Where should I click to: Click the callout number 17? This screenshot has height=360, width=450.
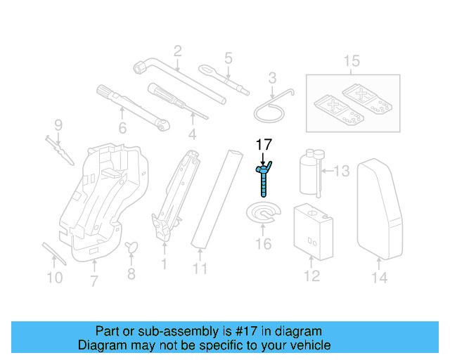pos(263,146)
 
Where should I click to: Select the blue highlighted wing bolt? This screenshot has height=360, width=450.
pos(262,176)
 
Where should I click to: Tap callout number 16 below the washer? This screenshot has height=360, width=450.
pos(263,244)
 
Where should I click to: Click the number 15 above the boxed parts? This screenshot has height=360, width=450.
pos(352,62)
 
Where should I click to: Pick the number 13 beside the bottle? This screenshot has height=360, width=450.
pos(341,171)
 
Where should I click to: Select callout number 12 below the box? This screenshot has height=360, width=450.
pos(311,276)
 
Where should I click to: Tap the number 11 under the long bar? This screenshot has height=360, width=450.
pos(200,269)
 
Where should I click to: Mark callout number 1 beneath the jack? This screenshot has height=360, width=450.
pos(164,264)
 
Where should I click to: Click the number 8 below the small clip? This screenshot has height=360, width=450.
pos(131,274)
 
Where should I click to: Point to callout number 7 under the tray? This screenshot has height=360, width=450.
pos(94,283)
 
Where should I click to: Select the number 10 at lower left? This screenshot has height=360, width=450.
pos(55,278)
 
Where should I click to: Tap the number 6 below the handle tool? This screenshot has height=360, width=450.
pos(122,128)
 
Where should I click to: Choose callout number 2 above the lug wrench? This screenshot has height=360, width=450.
pos(177,50)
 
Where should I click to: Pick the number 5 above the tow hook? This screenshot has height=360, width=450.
pos(229,58)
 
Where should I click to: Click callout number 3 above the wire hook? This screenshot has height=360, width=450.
pos(272,77)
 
